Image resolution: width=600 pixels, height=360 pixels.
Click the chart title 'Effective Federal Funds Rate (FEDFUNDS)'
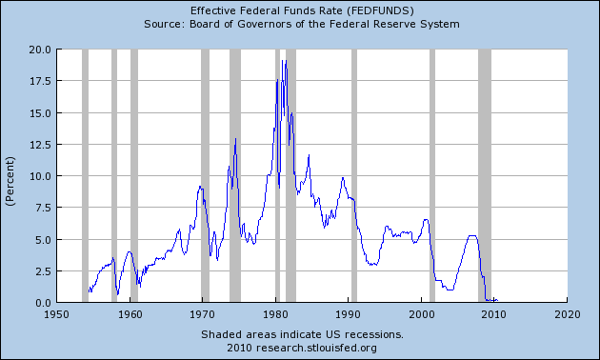(302, 10)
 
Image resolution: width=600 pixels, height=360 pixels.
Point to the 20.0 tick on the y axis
(37, 50)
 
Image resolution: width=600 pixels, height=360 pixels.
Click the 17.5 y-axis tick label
(37, 81)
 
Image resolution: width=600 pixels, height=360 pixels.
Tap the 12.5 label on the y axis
(37, 145)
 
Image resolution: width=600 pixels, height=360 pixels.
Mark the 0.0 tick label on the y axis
(40, 302)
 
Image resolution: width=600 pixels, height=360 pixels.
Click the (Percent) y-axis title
(10, 176)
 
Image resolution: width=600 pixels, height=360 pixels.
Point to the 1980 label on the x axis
(276, 313)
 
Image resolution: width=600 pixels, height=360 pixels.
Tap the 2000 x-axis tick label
(422, 313)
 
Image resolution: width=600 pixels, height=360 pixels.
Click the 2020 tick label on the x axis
(568, 313)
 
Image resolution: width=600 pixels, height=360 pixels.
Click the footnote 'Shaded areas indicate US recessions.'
(302, 334)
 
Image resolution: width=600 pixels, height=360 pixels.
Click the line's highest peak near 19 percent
(283, 61)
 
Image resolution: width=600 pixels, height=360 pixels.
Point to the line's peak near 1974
(235, 139)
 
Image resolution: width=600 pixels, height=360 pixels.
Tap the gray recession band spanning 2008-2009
(484, 176)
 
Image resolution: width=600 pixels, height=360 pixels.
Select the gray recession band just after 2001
(432, 176)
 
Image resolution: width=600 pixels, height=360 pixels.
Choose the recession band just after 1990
(354, 176)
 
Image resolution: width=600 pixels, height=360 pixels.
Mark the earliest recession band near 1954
(85, 176)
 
